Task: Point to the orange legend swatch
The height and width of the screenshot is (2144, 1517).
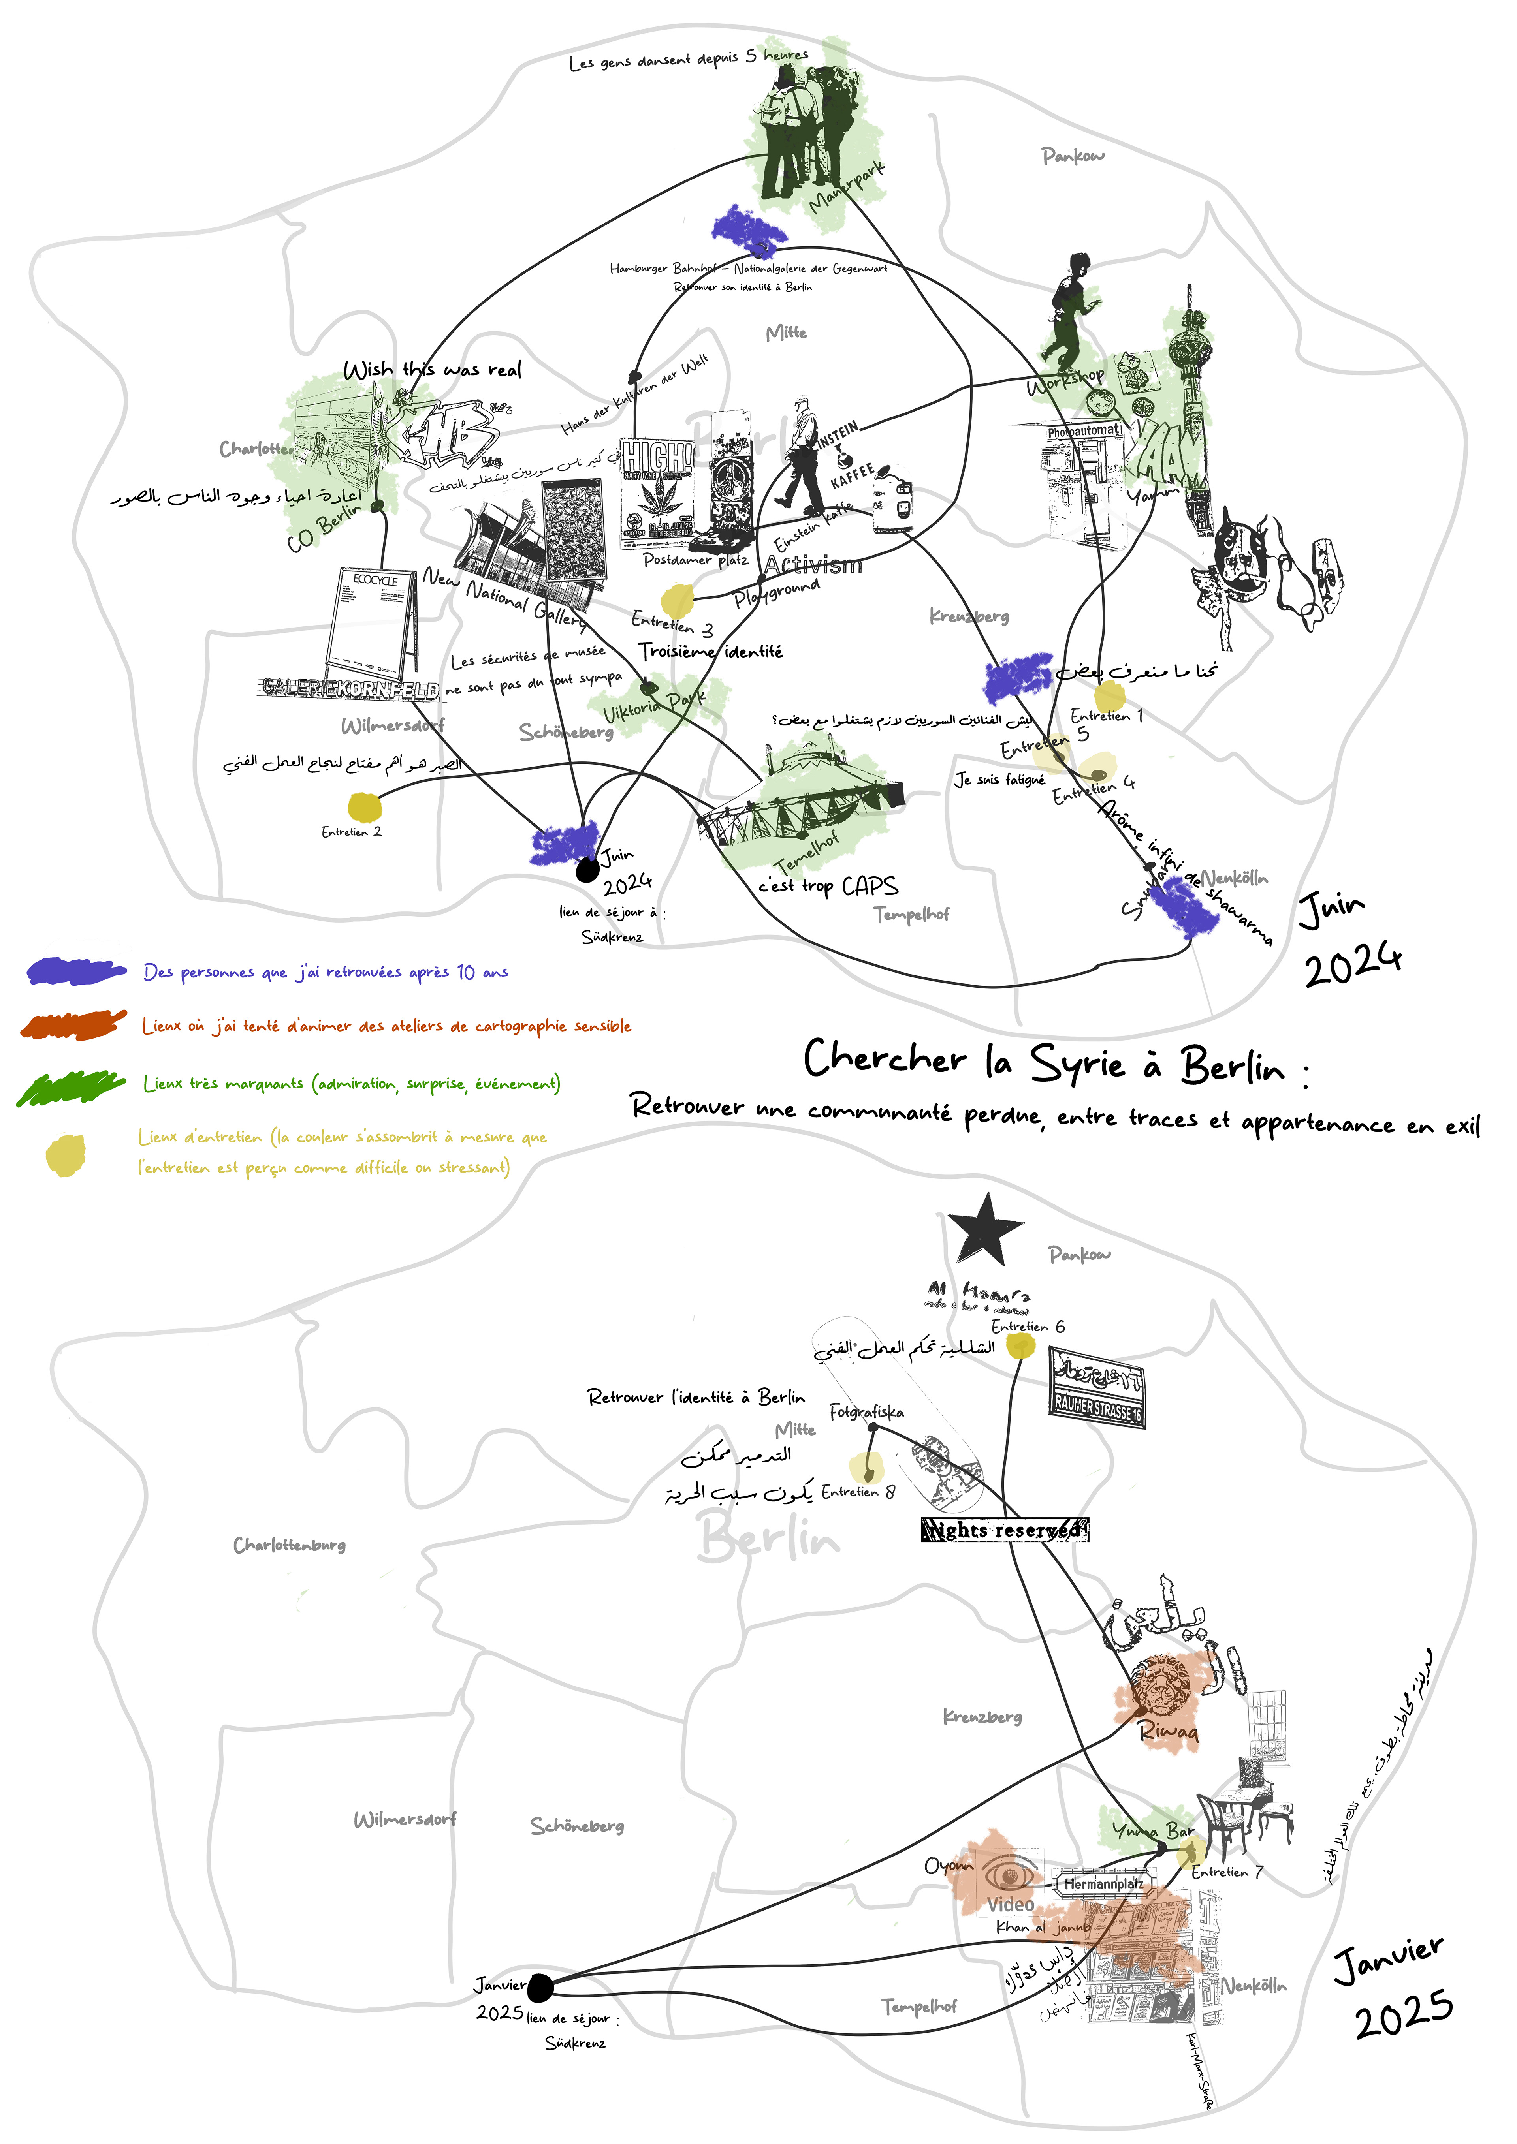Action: point(73,1024)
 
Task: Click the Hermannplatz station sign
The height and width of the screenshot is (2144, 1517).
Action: point(1103,1885)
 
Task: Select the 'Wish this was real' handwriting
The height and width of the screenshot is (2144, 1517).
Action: point(433,370)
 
